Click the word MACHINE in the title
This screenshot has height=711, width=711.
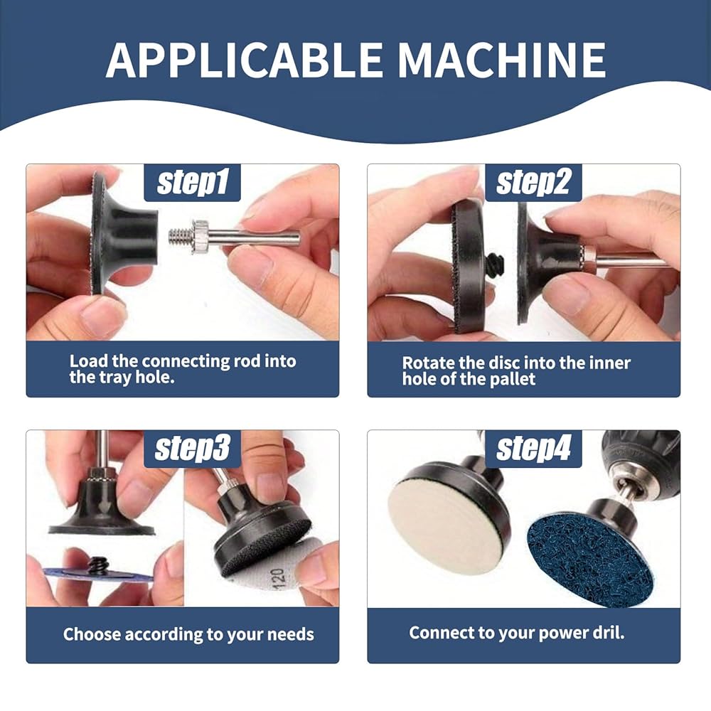coord(502,60)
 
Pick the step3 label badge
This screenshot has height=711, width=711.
coord(192,449)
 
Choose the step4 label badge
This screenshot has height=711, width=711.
coord(533,449)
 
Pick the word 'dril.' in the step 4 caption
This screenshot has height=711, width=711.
coord(609,633)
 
